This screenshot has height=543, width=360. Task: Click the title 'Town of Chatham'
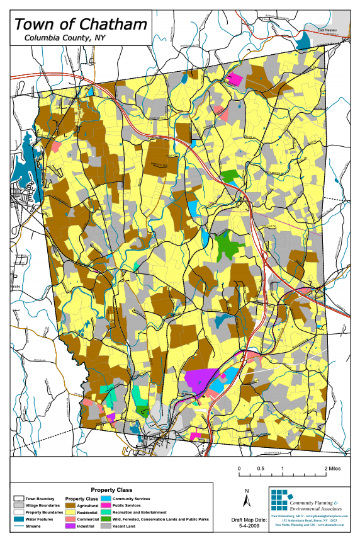click(81, 25)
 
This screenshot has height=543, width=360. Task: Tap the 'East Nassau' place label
click(327, 30)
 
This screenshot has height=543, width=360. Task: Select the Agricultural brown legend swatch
click(70, 505)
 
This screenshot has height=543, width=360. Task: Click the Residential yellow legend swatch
click(70, 512)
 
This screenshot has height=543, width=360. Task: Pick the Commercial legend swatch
click(70, 519)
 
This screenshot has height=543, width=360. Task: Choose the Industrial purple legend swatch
click(70, 526)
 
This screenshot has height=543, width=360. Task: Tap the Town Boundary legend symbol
click(18, 498)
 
